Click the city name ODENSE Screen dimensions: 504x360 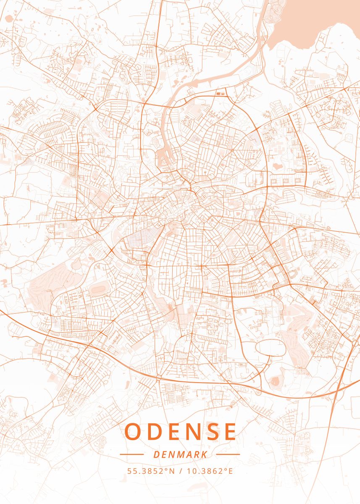point(180,432)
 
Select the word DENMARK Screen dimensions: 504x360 point(180,454)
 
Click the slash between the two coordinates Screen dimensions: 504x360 point(181,471)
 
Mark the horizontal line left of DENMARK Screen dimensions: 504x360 point(131,454)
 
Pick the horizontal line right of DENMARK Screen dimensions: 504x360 point(228,454)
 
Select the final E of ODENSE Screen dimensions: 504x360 point(229,432)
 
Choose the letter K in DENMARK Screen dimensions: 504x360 point(203,454)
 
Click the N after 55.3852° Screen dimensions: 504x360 point(172,471)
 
